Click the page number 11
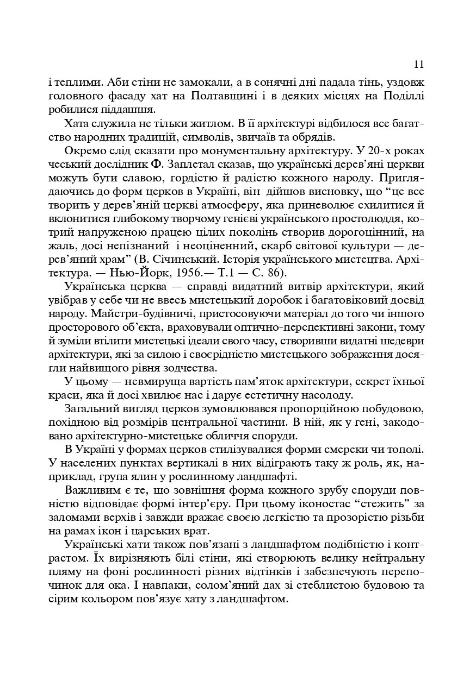click(418, 65)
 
